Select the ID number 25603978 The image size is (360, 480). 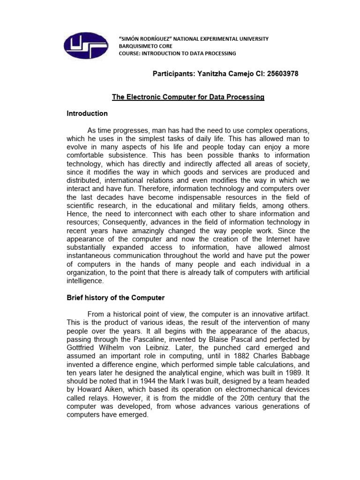279,74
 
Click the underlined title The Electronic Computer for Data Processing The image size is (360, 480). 188,97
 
